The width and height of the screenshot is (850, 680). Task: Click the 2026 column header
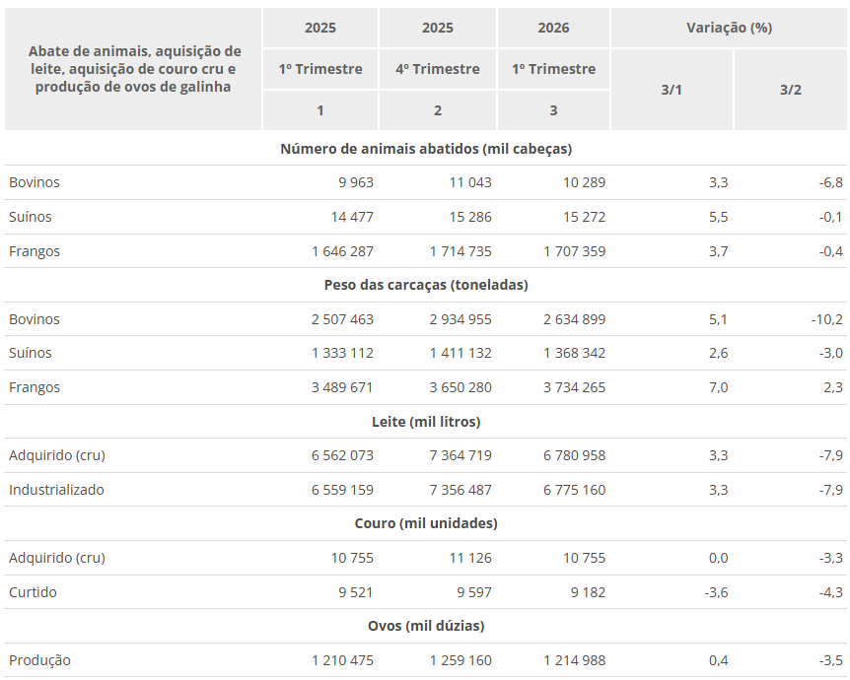point(553,28)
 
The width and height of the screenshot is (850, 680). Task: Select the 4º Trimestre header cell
point(438,69)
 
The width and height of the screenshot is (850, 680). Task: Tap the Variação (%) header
point(729,28)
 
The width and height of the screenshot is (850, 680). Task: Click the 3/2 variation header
point(791,90)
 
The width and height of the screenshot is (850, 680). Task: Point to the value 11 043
point(470,182)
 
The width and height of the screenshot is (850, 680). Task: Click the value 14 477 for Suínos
point(352,217)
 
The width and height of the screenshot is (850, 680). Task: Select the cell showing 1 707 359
point(574,251)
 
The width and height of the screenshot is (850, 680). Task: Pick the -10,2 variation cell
point(826,319)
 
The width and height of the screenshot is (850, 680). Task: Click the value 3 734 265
point(574,387)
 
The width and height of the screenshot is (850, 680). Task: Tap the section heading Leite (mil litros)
point(426,422)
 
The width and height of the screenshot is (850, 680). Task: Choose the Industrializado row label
point(56,490)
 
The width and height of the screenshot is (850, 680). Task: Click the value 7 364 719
point(460,455)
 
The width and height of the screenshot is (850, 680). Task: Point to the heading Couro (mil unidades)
point(426,523)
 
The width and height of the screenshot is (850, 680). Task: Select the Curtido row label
point(33,592)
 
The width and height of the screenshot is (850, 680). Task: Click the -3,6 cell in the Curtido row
point(716,592)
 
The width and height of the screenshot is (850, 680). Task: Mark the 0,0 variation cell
point(718,558)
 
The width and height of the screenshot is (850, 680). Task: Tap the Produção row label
point(39,660)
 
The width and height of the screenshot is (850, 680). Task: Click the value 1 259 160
point(460,660)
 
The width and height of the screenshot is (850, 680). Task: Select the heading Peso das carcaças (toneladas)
point(426,285)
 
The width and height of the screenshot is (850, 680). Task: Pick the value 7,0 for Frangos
point(718,388)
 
